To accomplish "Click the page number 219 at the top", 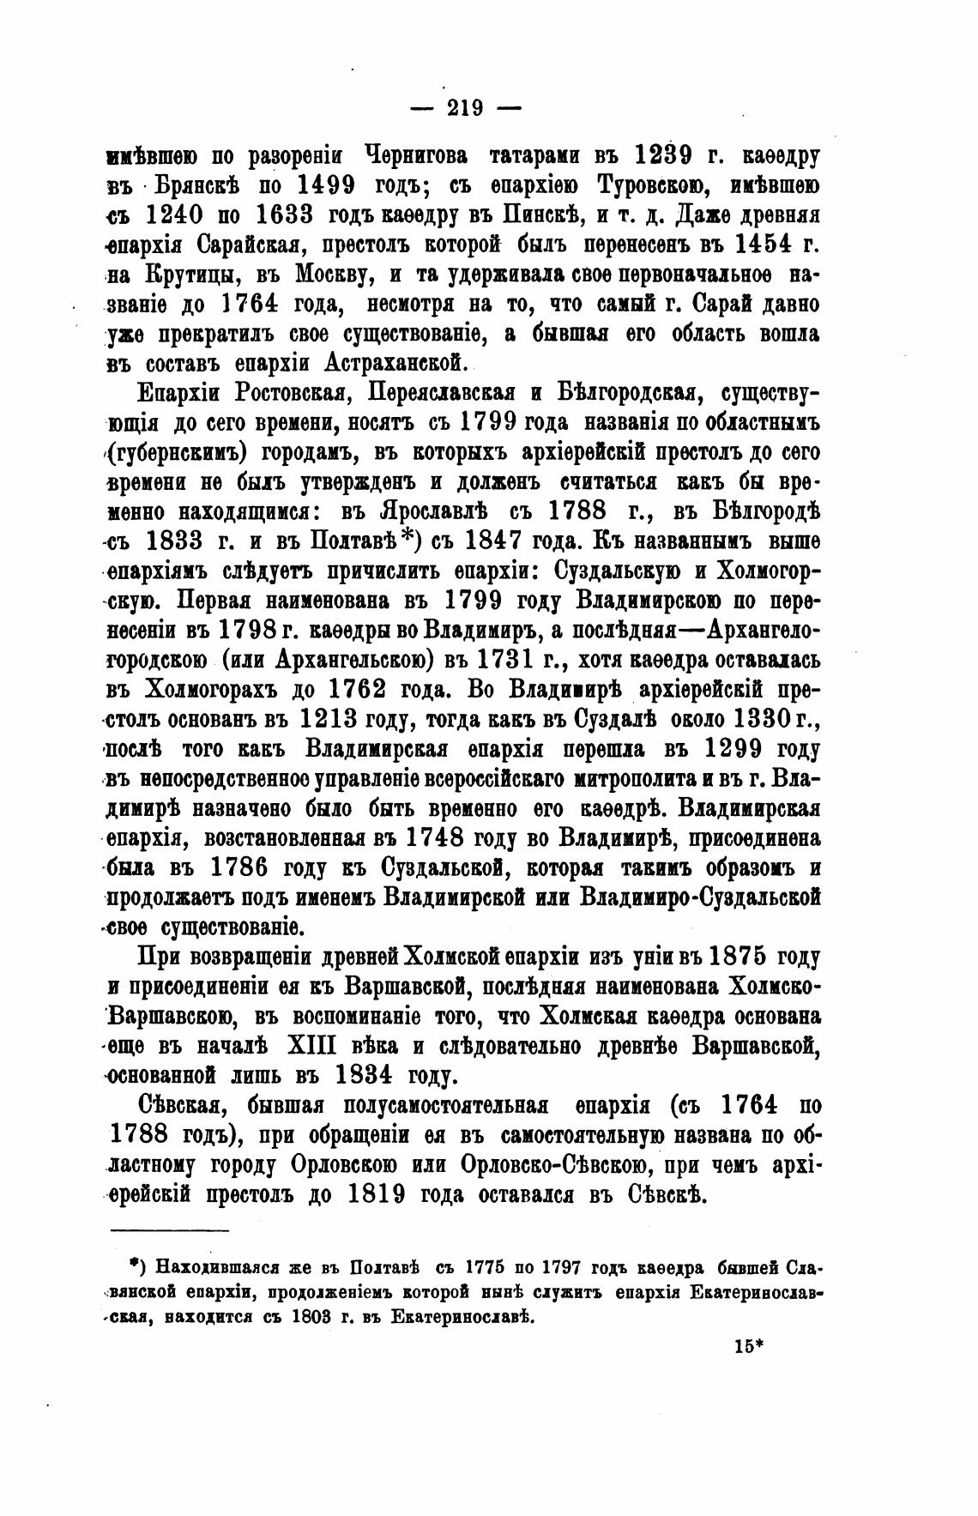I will pyautogui.click(x=466, y=108).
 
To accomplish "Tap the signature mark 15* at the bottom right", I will pyautogui.click(x=748, y=1346).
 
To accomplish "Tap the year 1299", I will pyautogui.click(x=733, y=750).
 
